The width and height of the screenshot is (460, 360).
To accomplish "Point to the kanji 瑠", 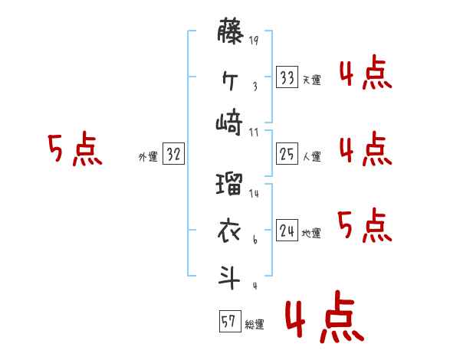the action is pyautogui.click(x=230, y=185).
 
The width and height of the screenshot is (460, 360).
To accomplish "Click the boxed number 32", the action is pyautogui.click(x=173, y=154).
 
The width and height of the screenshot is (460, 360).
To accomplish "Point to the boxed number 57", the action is pyautogui.click(x=228, y=322).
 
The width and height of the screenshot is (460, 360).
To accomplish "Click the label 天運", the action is pyautogui.click(x=311, y=80).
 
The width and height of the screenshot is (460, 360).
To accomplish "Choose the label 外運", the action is pyautogui.click(x=148, y=156).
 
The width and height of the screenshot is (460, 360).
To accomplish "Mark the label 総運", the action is pyautogui.click(x=255, y=324).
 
